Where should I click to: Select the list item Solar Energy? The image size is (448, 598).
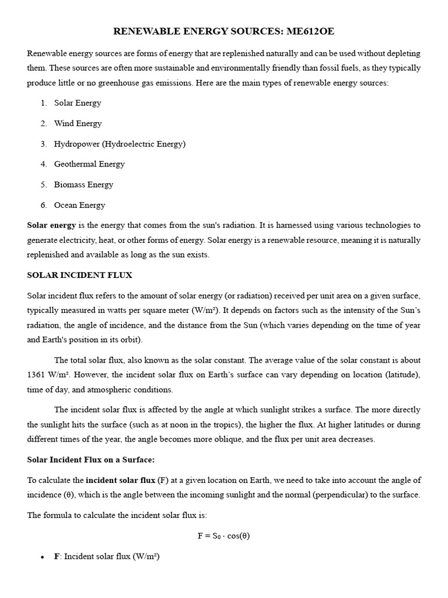(x=78, y=103)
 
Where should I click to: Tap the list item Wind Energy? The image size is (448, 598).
(x=78, y=124)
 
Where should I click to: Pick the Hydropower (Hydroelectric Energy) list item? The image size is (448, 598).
(x=120, y=144)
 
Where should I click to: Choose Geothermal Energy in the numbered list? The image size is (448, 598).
(x=89, y=165)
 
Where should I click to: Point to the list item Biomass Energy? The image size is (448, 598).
(x=83, y=185)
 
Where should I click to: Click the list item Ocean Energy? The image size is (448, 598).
(x=80, y=206)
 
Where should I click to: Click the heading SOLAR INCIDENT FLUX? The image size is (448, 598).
(x=84, y=276)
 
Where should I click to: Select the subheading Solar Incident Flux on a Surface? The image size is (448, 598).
(x=91, y=460)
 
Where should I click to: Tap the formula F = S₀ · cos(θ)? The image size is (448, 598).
(x=223, y=536)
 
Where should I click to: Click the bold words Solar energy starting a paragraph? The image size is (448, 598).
(x=51, y=225)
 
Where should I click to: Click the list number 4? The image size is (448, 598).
(x=43, y=165)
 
